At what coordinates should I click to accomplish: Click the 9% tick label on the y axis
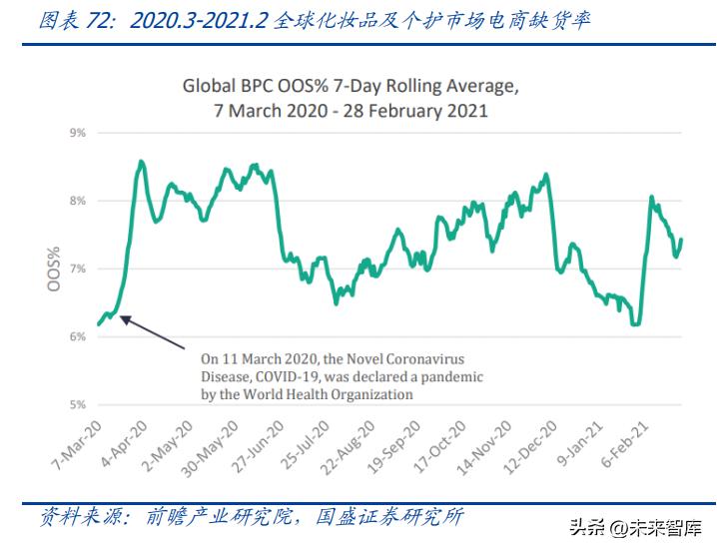76,132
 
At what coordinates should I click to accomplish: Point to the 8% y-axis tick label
76,200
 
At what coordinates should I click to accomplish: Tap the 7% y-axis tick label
76,269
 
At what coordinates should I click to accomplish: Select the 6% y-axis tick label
76,336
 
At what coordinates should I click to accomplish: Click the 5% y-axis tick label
76,404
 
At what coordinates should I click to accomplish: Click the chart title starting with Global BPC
352,98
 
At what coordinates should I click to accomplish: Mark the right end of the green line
681,239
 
